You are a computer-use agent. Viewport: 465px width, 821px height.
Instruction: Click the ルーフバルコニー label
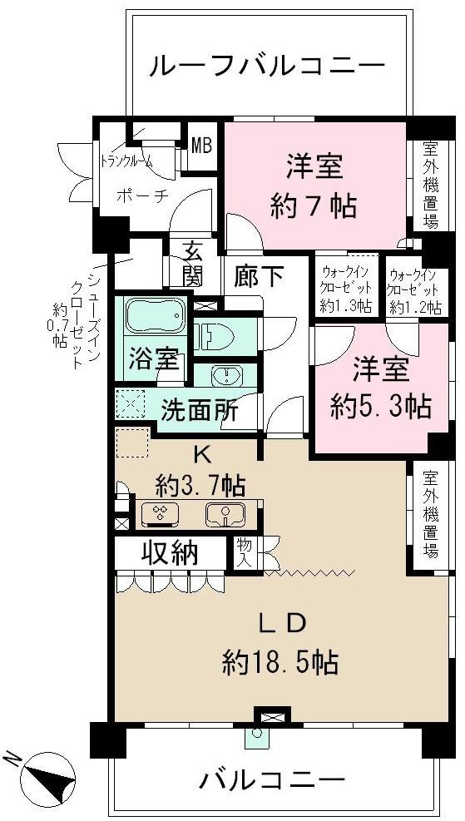coord(267,67)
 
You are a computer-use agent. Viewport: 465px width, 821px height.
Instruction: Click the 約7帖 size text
coord(314,206)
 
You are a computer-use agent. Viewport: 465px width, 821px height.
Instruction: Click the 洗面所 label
coord(200,410)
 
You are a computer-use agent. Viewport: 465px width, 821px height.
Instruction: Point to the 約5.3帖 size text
coord(380,407)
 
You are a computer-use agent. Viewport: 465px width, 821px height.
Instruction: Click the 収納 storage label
coord(172,555)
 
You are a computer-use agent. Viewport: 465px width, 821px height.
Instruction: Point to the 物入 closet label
coord(244,553)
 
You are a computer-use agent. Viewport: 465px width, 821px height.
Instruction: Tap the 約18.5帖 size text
coord(279,663)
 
